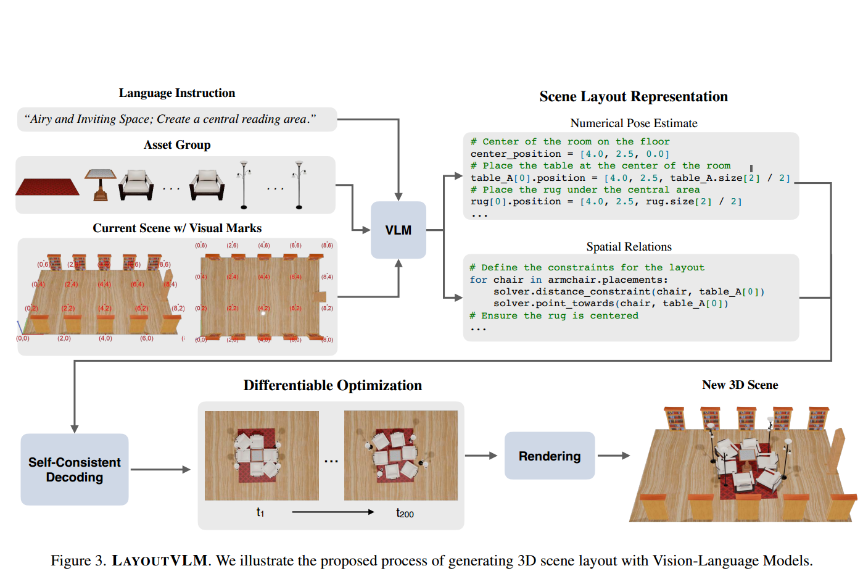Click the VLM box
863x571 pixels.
tap(398, 230)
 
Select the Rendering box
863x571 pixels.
tap(549, 456)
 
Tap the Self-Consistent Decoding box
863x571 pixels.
tap(75, 470)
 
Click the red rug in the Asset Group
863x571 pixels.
tap(47, 186)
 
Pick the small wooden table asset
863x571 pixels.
tap(100, 185)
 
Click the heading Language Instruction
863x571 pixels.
tap(176, 93)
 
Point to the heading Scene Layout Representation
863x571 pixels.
tap(633, 97)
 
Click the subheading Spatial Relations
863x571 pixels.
tap(629, 247)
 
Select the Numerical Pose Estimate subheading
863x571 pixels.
tap(634, 123)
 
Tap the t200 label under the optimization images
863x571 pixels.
tap(405, 513)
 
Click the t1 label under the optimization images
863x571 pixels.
tap(260, 512)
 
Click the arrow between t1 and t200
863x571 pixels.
tap(333, 512)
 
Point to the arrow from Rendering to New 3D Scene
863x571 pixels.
tap(613, 456)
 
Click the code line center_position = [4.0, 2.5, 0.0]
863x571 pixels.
tap(569, 154)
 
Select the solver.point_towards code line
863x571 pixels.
tap(611, 303)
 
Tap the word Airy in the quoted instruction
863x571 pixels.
tap(41, 119)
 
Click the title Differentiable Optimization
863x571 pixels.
tap(332, 386)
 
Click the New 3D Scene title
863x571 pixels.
tap(740, 385)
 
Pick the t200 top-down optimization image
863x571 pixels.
tap(401, 456)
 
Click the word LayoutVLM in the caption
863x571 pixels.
tap(160, 561)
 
